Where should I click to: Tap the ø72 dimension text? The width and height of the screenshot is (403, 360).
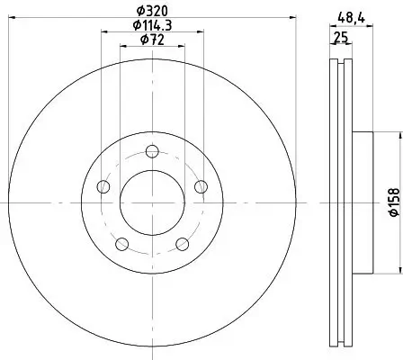tap(151, 40)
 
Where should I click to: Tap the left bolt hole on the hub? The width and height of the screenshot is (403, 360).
tap(103, 187)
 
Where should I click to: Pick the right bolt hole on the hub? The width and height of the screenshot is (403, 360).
tap(199, 187)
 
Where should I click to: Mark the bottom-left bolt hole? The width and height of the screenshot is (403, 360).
tap(121, 244)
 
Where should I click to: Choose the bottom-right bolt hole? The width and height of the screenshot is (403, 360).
tap(181, 244)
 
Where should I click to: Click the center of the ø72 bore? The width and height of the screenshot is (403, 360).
tap(151, 202)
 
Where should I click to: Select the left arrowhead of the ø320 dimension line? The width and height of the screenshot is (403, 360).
tap(12, 22)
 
